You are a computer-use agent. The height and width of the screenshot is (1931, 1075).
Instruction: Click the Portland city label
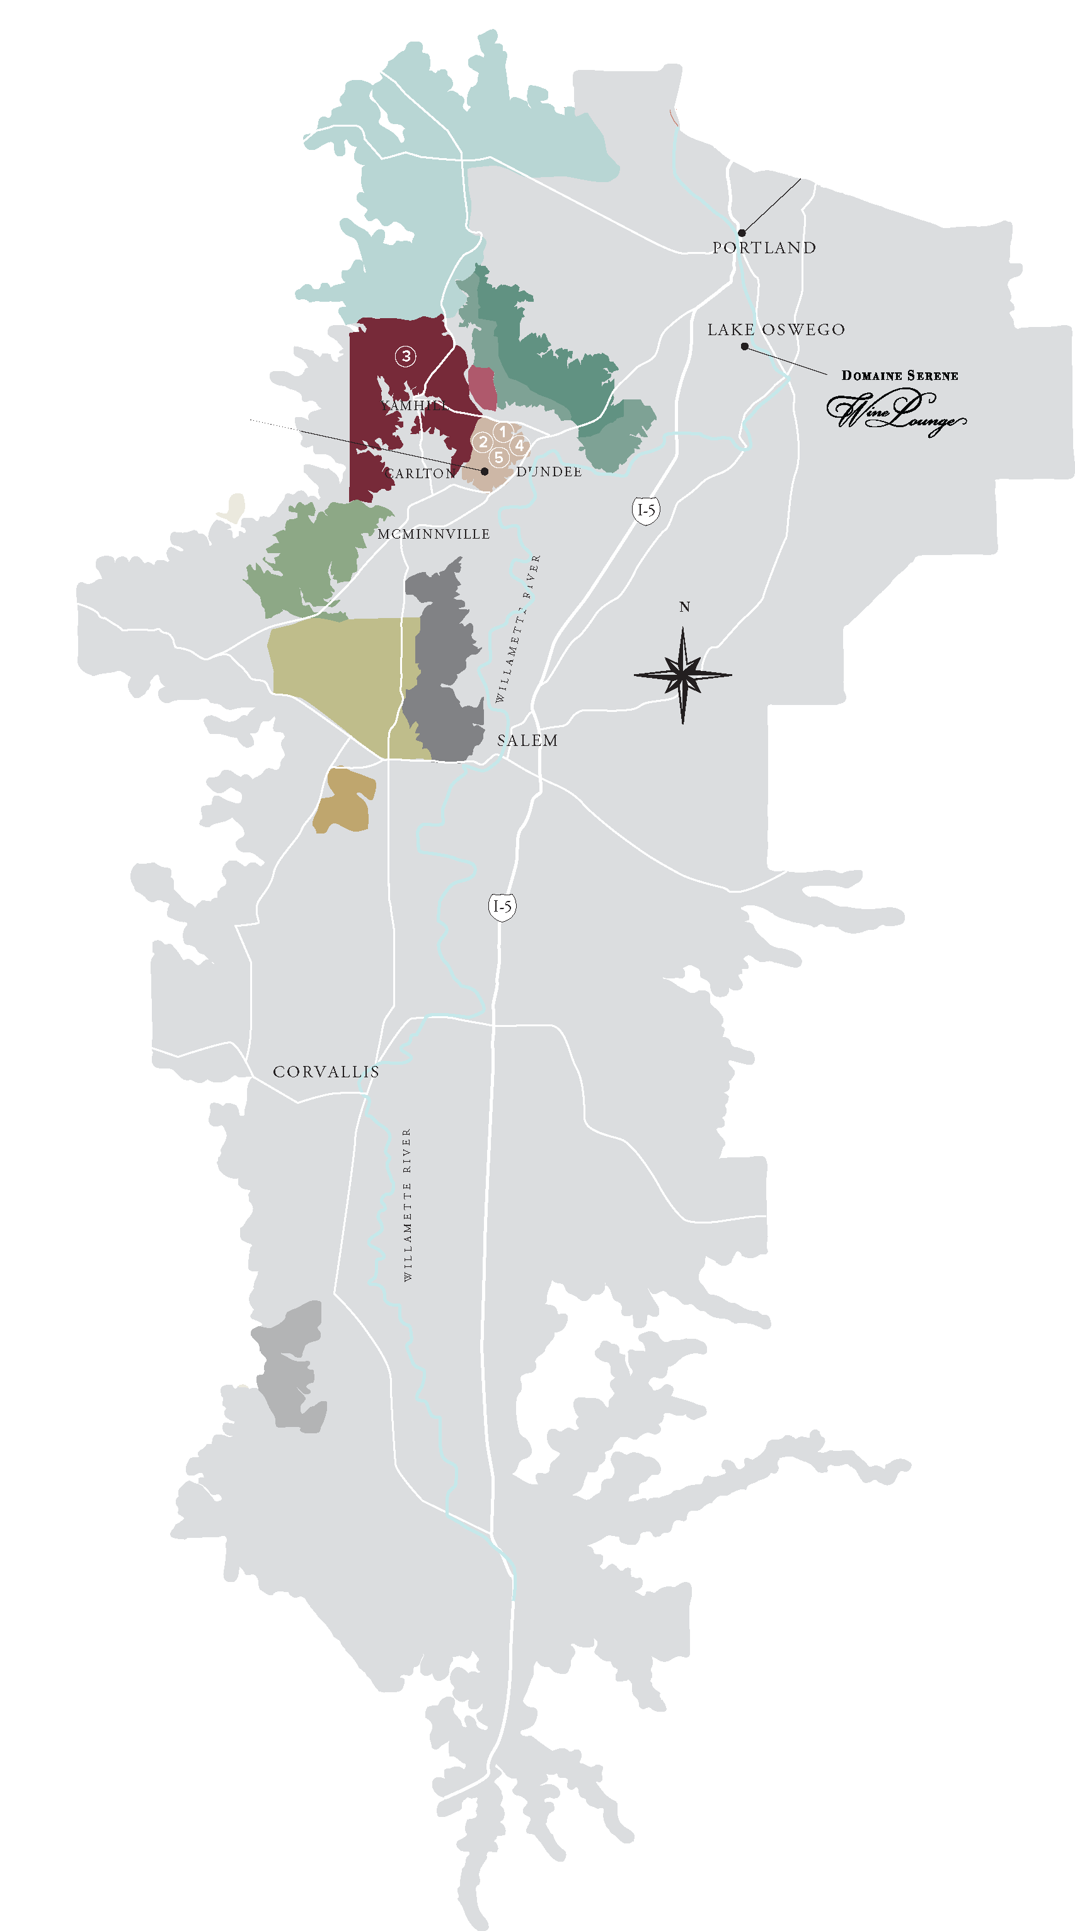[764, 248]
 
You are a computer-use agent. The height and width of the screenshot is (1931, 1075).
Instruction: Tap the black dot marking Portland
[742, 233]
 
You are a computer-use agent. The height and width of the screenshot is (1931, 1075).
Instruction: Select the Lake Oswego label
[776, 330]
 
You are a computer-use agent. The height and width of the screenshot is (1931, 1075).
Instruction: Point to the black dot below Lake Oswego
[744, 347]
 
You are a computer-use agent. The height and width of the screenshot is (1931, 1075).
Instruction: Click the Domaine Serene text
[900, 375]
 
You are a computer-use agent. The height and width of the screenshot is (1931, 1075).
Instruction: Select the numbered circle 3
[406, 356]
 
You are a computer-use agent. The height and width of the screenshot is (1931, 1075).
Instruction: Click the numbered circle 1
[503, 432]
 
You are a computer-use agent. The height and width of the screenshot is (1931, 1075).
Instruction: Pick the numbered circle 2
[483, 442]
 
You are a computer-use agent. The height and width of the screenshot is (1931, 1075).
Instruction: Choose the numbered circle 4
[519, 445]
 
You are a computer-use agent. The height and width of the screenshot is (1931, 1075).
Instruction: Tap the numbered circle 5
[498, 457]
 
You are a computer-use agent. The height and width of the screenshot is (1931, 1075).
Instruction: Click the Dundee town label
[549, 471]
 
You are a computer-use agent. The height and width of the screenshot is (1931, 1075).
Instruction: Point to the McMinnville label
[434, 534]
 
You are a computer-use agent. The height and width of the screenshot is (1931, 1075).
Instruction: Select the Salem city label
[527, 741]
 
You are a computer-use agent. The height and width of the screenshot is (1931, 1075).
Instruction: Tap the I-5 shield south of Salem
[502, 907]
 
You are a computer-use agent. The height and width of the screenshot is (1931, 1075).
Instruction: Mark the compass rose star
[682, 675]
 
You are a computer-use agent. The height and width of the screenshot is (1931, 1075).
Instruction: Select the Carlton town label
[420, 474]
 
